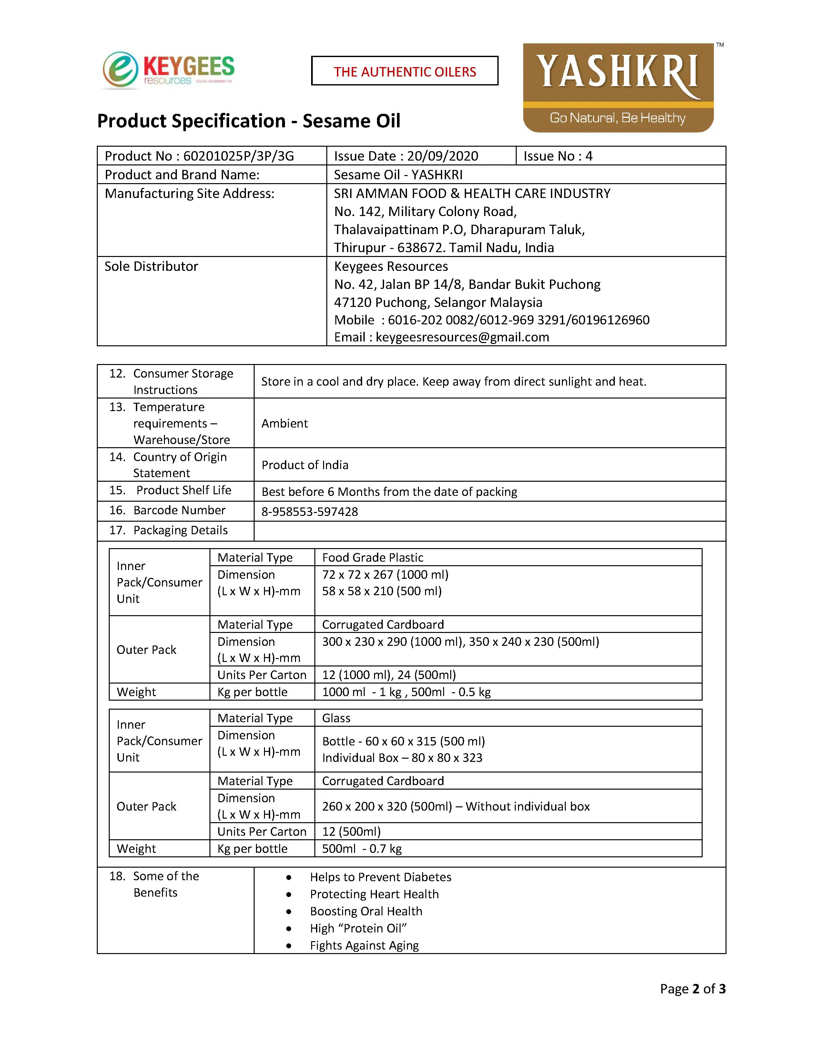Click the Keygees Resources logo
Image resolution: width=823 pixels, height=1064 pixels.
click(168, 71)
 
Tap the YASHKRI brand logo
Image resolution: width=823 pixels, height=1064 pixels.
click(618, 88)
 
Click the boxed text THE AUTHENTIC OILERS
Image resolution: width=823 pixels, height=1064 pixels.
click(405, 72)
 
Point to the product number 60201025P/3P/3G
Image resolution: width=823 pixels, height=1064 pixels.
click(239, 156)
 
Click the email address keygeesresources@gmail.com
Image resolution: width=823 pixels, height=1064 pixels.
click(462, 337)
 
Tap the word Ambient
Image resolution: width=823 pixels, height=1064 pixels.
click(285, 423)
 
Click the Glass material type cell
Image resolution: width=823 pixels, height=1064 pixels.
click(336, 718)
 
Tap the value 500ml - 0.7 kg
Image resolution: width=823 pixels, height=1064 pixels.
click(362, 849)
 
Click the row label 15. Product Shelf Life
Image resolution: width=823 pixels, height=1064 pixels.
click(171, 491)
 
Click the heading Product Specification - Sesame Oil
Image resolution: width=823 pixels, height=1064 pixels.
click(249, 121)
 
